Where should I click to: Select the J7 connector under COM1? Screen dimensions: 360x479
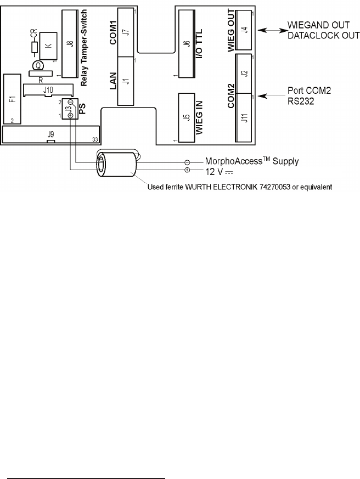pos(126,32)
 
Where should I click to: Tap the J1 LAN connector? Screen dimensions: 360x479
pos(126,81)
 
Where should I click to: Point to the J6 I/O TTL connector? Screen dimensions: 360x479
pos(187,44)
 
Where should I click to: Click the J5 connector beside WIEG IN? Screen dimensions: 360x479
pos(187,117)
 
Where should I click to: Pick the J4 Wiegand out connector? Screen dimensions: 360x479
pos(244,30)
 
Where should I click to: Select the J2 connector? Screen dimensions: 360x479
pos(244,74)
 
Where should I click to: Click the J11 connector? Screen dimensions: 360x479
pos(244,117)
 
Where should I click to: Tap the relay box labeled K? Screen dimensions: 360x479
pos(48,46)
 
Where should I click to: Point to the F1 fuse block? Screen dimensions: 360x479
pos(12,99)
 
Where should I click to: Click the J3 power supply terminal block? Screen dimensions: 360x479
pos(70,109)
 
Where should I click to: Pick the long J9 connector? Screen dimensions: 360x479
pos(50,134)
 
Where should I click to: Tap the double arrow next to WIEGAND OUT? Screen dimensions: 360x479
pos(273,30)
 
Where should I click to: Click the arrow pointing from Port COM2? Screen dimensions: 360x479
pos(271,96)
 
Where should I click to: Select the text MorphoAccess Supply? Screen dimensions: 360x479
pos(252,161)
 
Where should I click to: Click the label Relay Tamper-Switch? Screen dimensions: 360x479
pos(84,48)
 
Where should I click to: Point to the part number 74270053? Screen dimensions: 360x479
pos(275,187)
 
